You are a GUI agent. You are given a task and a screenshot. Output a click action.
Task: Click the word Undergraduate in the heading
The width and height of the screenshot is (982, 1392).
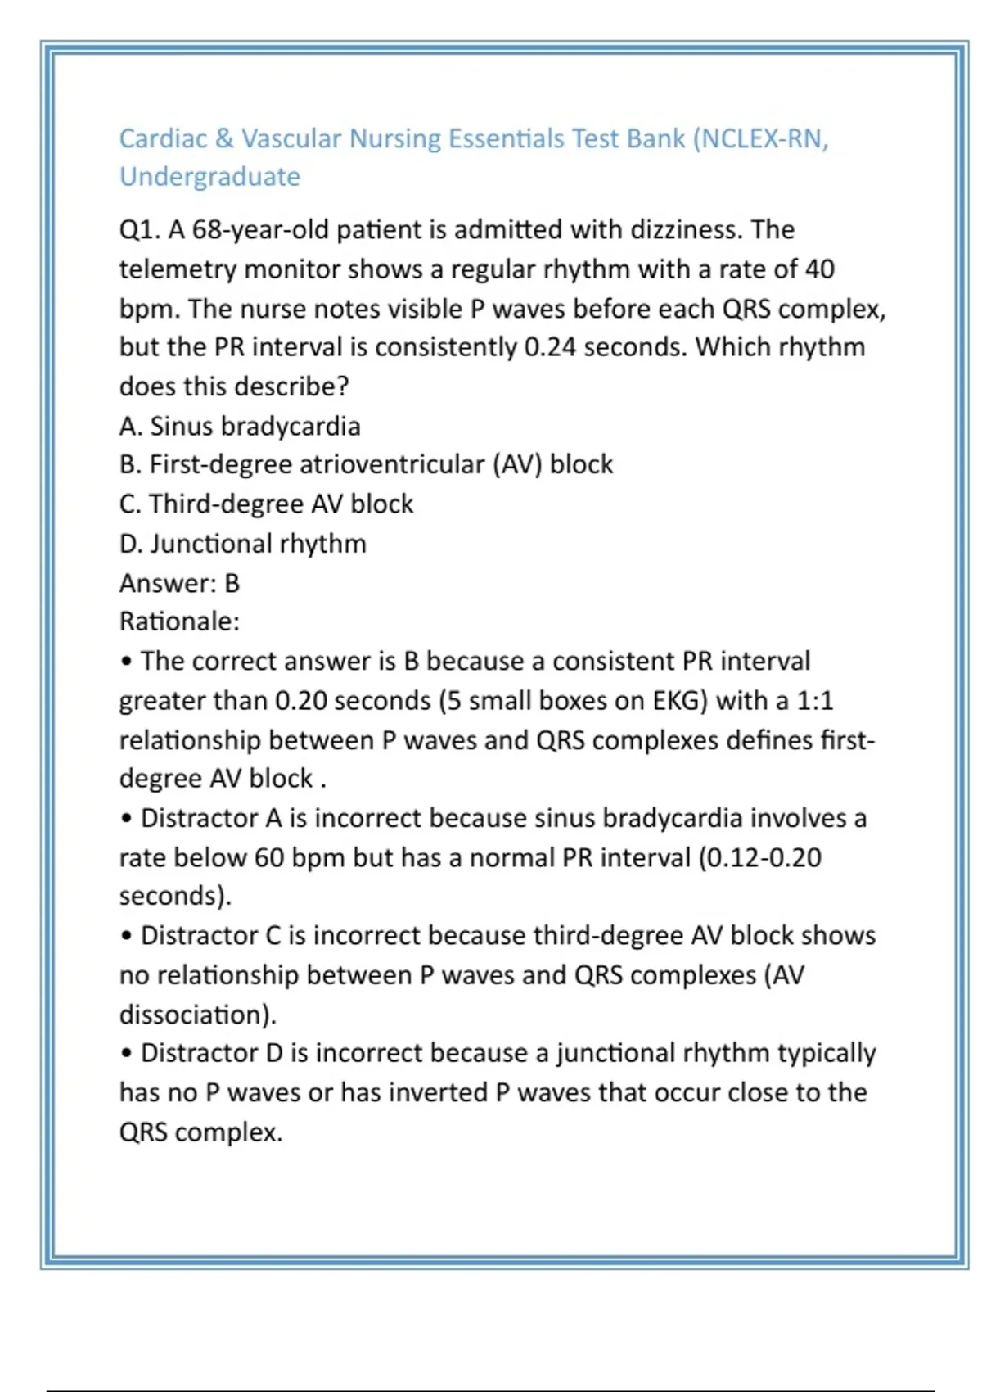[x=209, y=177]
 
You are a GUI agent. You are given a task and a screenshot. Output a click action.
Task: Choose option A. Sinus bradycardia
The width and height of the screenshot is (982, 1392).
[x=240, y=427]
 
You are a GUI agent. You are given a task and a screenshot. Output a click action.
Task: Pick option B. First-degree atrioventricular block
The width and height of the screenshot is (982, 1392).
[x=366, y=465]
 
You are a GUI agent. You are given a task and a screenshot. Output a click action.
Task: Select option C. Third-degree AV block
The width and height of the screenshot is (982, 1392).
[x=266, y=504]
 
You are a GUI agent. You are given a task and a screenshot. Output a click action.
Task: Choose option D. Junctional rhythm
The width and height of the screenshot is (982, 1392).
[x=242, y=544]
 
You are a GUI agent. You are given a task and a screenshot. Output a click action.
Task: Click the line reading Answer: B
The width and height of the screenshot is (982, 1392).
[x=179, y=583]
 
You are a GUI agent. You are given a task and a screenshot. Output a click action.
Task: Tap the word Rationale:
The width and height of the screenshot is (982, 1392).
[x=179, y=621]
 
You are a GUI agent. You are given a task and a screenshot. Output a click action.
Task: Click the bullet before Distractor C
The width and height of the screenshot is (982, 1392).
[x=126, y=936]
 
